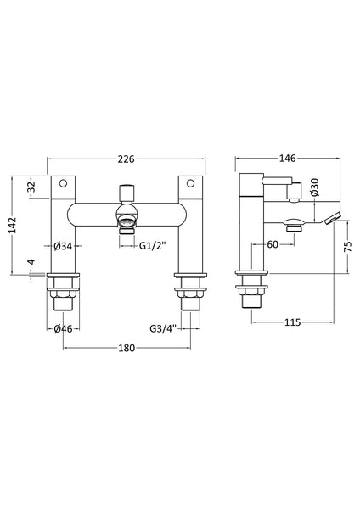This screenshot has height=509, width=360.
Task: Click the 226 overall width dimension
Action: coord(127,157)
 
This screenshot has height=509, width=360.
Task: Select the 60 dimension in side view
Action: coord(273,246)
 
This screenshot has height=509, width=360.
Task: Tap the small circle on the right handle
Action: coord(192,184)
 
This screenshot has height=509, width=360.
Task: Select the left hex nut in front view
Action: coord(62,298)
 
